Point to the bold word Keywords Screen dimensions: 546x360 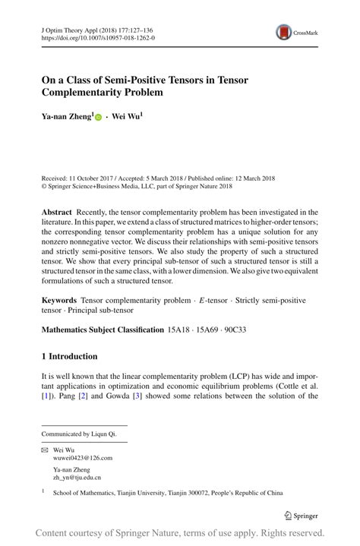(59, 301)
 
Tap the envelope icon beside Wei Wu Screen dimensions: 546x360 (44, 450)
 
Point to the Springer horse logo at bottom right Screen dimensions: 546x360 (289, 515)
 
